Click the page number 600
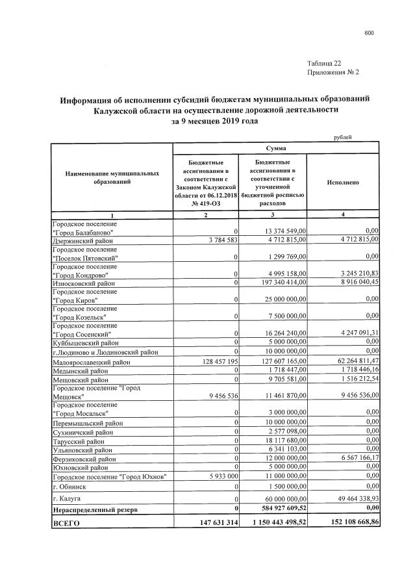(369, 32)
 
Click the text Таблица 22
(323, 63)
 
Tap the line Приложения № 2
(333, 72)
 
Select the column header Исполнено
(344, 183)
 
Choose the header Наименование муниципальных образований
(112, 179)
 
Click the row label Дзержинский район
(79, 239)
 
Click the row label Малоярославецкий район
(91, 361)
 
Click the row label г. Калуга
(66, 498)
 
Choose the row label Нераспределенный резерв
(95, 509)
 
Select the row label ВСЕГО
(66, 522)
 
